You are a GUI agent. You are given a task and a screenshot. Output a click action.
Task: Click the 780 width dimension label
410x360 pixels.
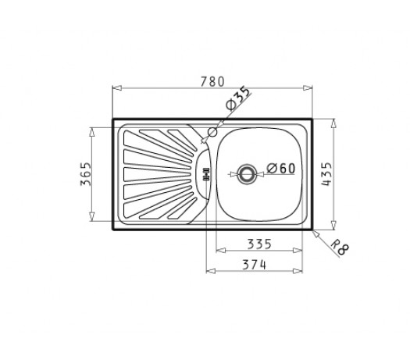[x=212, y=81]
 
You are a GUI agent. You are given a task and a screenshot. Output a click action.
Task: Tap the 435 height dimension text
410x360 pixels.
[x=326, y=174]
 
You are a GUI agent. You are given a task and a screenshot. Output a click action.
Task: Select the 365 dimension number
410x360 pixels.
[x=86, y=174]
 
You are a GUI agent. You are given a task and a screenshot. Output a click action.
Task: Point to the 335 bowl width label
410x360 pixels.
[x=259, y=244]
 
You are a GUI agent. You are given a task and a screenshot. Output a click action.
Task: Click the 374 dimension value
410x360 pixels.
[x=254, y=265]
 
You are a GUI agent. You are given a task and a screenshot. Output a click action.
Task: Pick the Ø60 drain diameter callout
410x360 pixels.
[x=281, y=168]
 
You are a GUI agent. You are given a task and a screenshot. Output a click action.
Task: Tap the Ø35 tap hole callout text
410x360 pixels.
[x=237, y=98]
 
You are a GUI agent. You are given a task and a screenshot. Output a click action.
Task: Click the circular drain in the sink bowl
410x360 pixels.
[x=246, y=173]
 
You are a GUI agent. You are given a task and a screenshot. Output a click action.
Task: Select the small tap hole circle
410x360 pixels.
[x=212, y=132]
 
